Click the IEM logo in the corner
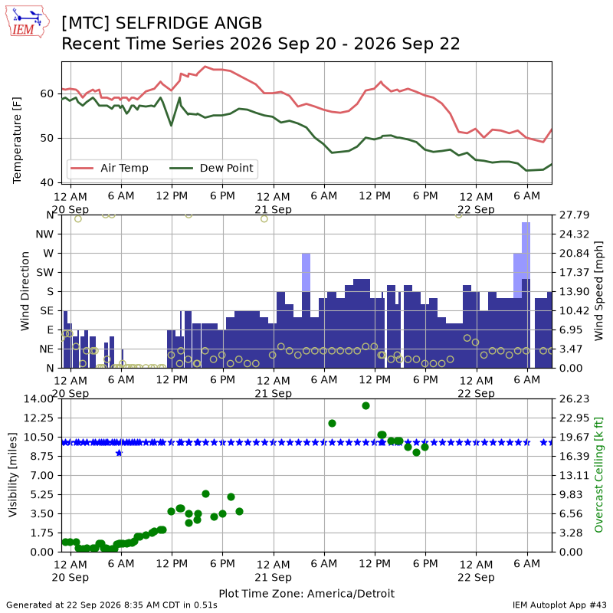27,21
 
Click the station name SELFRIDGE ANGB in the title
188,24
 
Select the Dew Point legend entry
211,168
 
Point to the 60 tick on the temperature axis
47,93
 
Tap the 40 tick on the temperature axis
47,182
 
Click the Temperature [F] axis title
16,140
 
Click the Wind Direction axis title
25,291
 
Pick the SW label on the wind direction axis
45,273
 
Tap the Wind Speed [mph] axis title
598,291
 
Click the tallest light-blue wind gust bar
526,251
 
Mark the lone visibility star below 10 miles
120,453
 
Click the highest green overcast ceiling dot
366,406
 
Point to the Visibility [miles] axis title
13,475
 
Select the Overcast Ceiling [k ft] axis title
598,475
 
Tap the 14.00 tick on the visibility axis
38,398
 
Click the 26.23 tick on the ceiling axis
574,398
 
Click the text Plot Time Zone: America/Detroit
306,593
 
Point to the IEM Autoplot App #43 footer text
559,605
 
